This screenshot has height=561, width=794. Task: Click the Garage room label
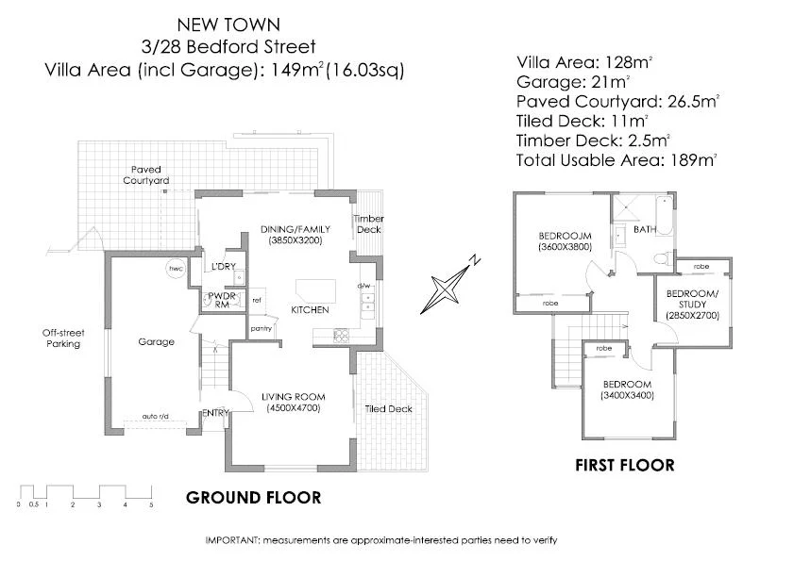pyautogui.click(x=156, y=342)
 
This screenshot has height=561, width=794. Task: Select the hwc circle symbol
pyautogui.click(x=176, y=270)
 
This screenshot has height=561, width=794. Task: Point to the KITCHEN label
pyautogui.click(x=309, y=309)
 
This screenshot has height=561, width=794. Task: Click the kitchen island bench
pyautogui.click(x=314, y=288)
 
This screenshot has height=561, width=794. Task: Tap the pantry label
pyautogui.click(x=262, y=328)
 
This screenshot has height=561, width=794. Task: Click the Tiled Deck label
pyautogui.click(x=388, y=409)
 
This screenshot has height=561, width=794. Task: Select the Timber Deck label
pyautogui.click(x=368, y=224)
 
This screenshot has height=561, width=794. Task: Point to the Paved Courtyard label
pyautogui.click(x=145, y=174)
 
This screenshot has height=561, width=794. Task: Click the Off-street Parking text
pyautogui.click(x=64, y=338)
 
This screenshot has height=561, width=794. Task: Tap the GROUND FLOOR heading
pyautogui.click(x=253, y=498)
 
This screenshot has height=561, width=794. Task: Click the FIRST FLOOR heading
pyautogui.click(x=625, y=465)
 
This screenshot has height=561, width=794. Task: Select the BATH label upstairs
pyautogui.click(x=645, y=229)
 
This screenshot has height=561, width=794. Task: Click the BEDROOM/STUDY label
pyautogui.click(x=692, y=298)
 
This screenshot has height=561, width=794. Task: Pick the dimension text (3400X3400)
pyautogui.click(x=627, y=395)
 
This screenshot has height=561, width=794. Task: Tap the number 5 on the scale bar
pyautogui.click(x=150, y=505)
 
